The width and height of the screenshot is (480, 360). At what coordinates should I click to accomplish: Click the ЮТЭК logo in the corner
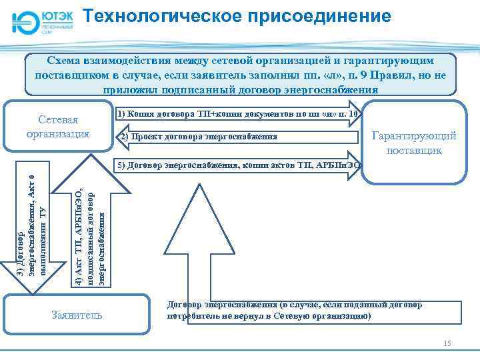click(x=41, y=21)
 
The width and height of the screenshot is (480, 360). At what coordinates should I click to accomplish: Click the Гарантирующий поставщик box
click(x=414, y=142)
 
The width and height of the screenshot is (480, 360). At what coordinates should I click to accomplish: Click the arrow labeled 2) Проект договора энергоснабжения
click(x=233, y=138)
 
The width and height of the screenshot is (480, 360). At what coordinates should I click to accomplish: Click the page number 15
click(x=447, y=343)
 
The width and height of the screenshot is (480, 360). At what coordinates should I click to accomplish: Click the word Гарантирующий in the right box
click(x=414, y=136)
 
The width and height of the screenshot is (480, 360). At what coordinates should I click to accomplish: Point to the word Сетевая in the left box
click(x=58, y=120)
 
